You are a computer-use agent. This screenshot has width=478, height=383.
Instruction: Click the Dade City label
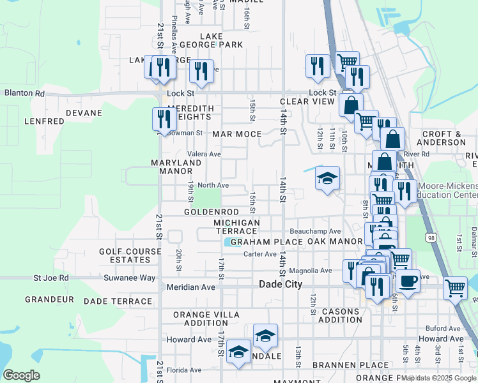click(280, 285)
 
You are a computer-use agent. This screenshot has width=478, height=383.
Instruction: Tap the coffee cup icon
click(408, 280)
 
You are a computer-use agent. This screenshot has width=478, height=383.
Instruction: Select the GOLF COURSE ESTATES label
click(130, 255)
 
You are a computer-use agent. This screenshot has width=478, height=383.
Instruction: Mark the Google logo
click(21, 375)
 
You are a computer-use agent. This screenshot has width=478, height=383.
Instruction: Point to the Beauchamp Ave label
click(315, 231)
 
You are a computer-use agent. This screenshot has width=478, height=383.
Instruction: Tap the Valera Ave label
click(204, 154)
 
